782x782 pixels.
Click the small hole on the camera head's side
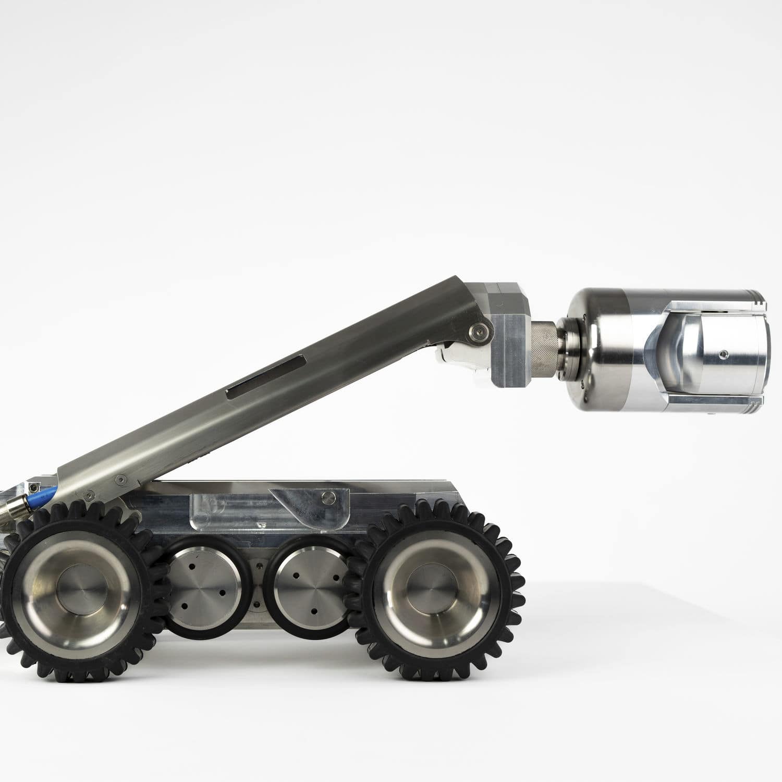pyautogui.click(x=723, y=355)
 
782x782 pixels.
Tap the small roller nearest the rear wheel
pyautogui.click(x=204, y=588)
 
